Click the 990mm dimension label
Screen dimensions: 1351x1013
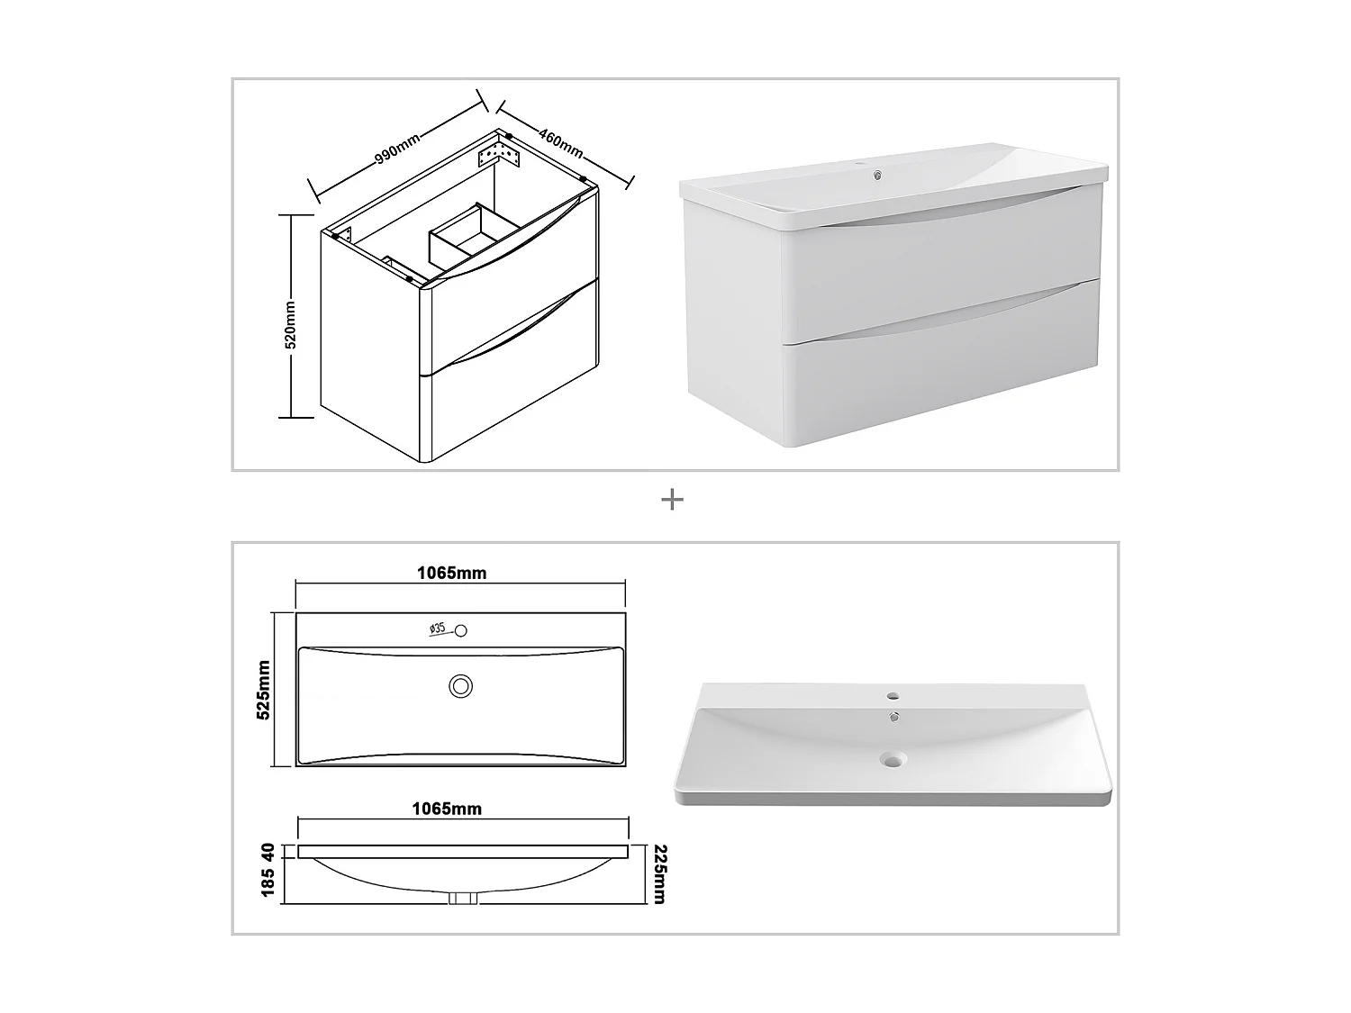pos(397,149)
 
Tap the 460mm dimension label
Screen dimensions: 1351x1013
pos(561,142)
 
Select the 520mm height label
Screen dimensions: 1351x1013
pos(291,325)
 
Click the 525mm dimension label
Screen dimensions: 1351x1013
pos(263,690)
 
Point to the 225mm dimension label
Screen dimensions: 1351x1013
pos(659,874)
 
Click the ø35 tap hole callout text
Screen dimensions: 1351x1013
pos(437,629)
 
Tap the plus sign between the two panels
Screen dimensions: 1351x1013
pos(672,500)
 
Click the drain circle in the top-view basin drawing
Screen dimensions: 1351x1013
pos(460,686)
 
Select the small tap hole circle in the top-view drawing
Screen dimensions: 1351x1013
pos(460,630)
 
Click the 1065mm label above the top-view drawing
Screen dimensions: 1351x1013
pos(452,574)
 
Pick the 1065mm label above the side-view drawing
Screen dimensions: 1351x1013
pos(447,809)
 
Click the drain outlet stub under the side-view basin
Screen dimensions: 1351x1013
pos(463,898)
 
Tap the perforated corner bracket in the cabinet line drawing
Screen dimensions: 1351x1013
pos(499,152)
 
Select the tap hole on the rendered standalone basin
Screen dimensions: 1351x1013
pos(893,697)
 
